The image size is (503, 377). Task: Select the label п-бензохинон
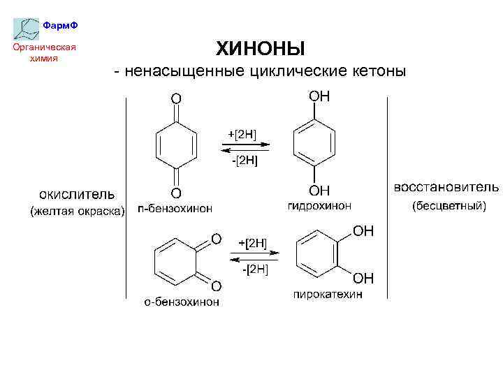175,208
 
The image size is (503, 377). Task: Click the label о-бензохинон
182,302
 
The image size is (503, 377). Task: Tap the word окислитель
77,193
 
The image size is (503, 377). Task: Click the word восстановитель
446,187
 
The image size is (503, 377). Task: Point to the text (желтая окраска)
76,210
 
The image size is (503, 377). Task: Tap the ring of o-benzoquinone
177,260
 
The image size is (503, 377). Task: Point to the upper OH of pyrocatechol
363,231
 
